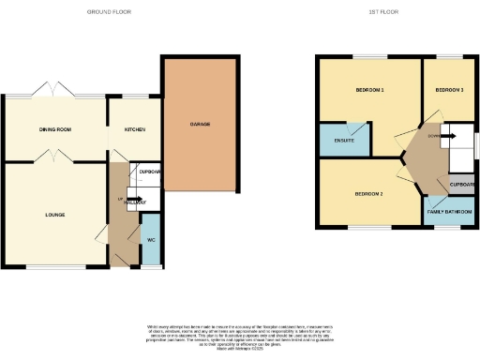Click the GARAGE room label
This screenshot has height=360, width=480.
click(200, 124)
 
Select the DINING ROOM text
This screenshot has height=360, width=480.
click(55, 129)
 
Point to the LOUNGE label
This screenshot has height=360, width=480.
click(54, 215)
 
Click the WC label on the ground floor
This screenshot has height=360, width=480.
click(150, 239)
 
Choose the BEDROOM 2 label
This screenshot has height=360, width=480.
click(368, 194)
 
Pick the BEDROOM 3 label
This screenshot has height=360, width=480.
click(449, 90)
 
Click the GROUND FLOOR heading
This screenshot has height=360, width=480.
click(109, 12)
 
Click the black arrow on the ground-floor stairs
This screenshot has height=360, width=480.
click(127, 200)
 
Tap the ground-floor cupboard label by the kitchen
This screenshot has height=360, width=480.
click(150, 172)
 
